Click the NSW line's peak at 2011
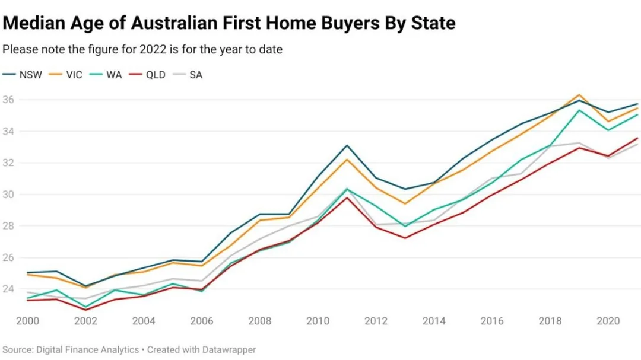[x=347, y=145]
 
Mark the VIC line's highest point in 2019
[x=579, y=95]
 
